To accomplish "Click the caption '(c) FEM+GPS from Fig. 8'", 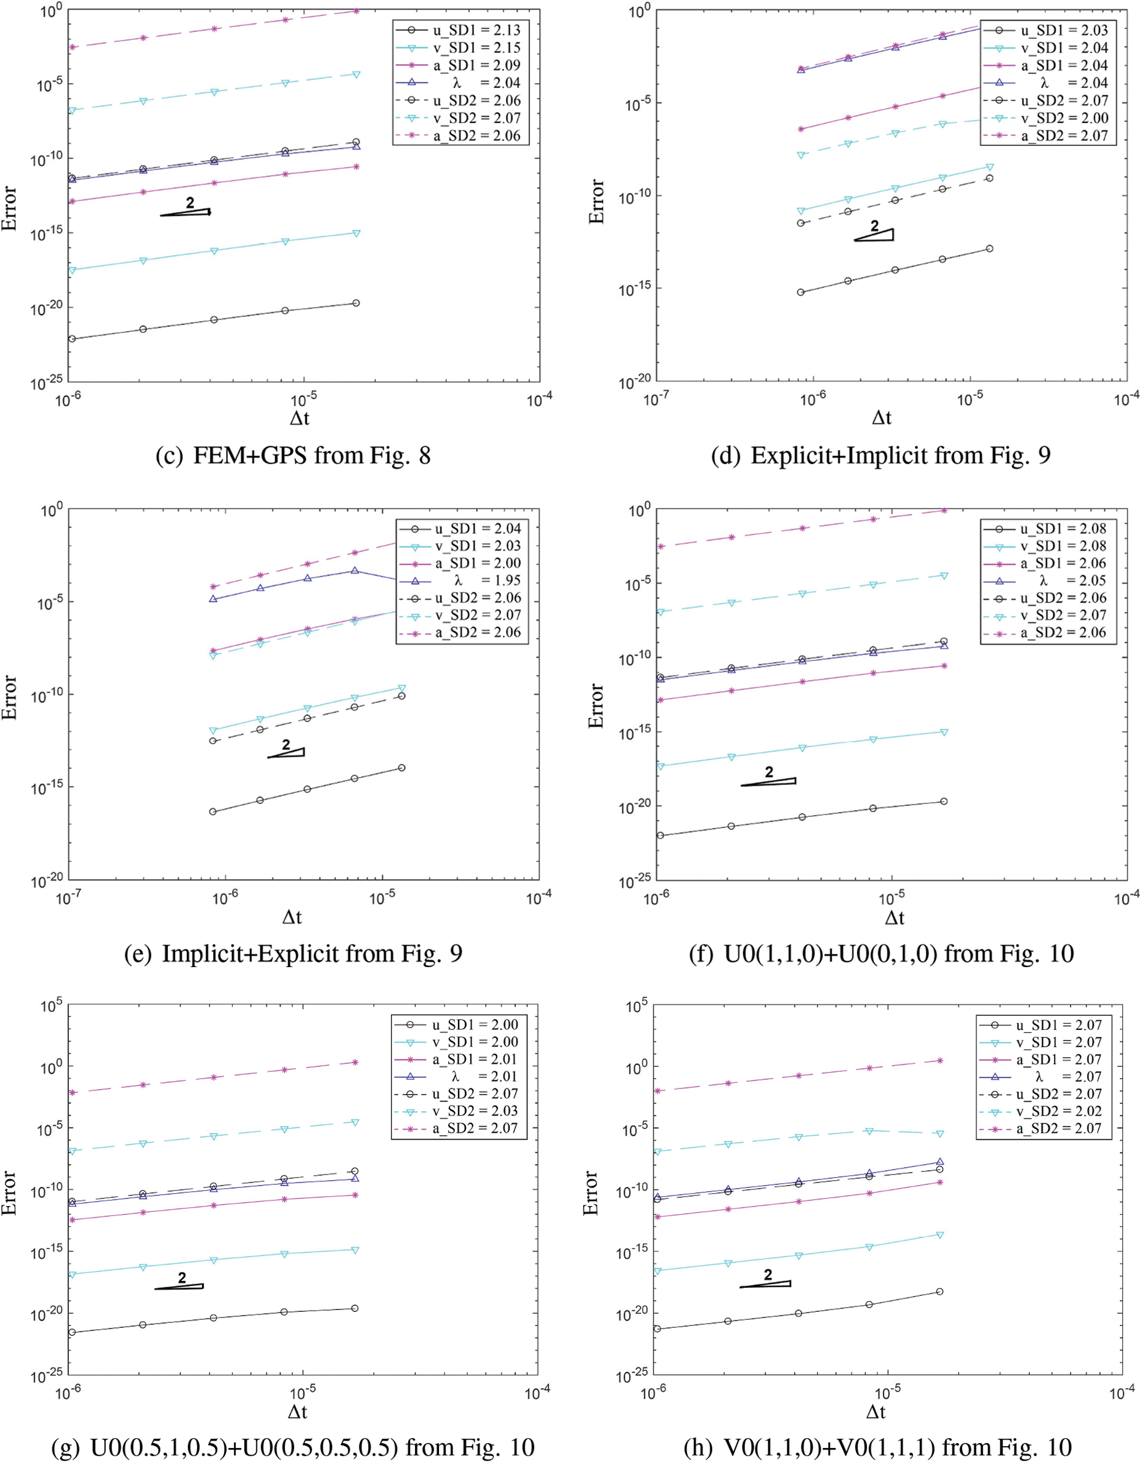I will [293, 456].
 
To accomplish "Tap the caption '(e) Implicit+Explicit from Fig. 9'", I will [293, 954].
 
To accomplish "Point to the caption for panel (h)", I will [877, 1447].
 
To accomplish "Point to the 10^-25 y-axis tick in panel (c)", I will [47, 384].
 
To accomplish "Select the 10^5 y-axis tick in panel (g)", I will [51, 1007].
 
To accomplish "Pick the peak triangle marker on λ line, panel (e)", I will [354, 571].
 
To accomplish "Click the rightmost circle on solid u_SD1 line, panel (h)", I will [939, 1292].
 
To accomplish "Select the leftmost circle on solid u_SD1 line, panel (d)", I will [801, 292].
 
